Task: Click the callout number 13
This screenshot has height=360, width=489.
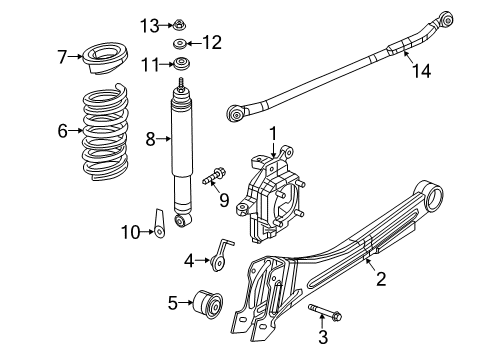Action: (x=149, y=24)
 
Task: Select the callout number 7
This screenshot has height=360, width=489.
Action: (x=63, y=56)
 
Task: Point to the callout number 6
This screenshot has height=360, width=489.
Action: (x=62, y=129)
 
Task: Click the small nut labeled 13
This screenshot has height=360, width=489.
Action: (x=179, y=23)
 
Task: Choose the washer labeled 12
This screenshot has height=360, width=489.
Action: (x=181, y=43)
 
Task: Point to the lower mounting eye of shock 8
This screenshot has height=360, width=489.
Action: (x=184, y=219)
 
